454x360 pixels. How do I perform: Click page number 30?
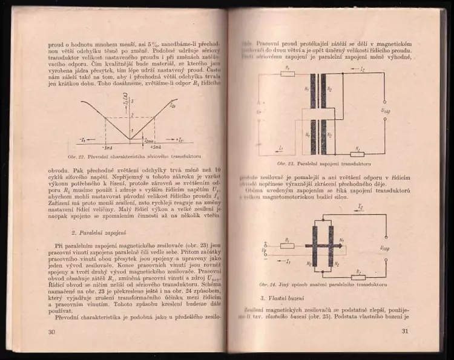click(52, 332)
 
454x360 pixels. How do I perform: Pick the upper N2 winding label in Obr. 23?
click(330, 88)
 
